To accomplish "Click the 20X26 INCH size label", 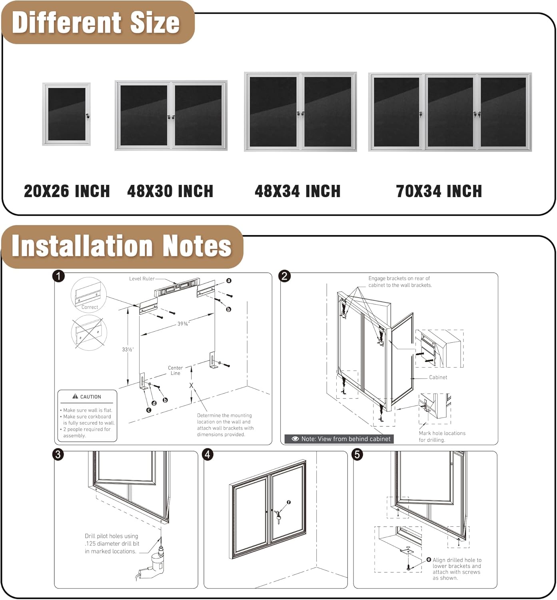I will (67, 191).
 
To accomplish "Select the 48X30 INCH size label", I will (170, 191).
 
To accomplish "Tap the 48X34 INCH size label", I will (297, 191).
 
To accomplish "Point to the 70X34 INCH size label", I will (439, 191).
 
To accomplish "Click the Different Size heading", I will (96, 23).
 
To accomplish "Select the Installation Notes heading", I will (122, 246).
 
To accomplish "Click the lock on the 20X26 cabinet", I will (88, 116).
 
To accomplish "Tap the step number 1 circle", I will (59, 276).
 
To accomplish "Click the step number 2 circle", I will (284, 276).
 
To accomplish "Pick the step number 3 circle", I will (59, 454).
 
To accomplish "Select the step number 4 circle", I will (208, 454).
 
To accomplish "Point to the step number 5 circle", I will (357, 454).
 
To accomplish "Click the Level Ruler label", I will (142, 279).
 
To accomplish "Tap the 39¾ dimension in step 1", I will (183, 324).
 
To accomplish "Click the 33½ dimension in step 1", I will (128, 350).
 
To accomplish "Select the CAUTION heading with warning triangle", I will (87, 397).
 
